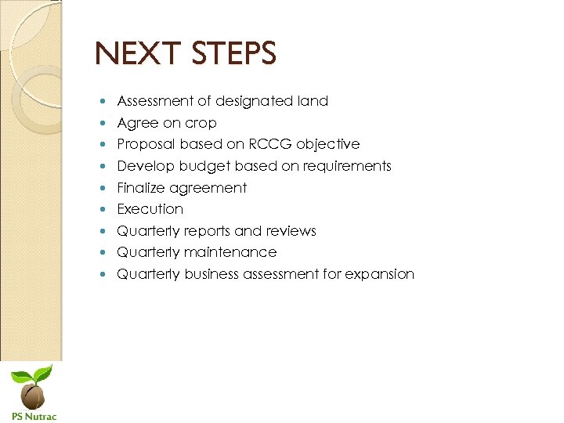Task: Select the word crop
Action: tap(201, 123)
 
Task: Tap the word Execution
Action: tap(150, 209)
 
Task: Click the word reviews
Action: tap(291, 231)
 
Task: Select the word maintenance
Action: tap(230, 252)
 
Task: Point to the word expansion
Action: tap(379, 274)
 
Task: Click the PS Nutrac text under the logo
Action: tap(34, 416)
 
